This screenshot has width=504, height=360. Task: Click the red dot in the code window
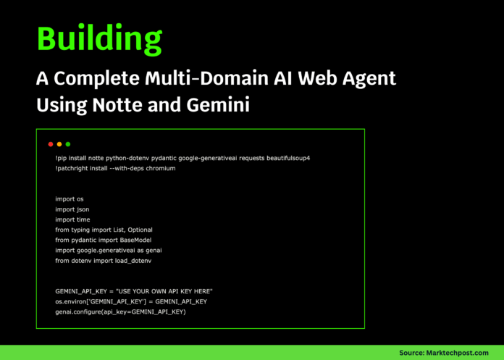click(x=51, y=144)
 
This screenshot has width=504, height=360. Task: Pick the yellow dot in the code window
click(x=59, y=144)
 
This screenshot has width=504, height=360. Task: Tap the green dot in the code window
click(x=68, y=144)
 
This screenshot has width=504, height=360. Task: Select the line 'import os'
click(x=70, y=198)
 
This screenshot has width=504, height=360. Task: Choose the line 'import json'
click(x=72, y=209)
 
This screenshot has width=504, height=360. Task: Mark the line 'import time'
click(x=72, y=219)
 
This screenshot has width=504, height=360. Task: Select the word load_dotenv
click(x=138, y=260)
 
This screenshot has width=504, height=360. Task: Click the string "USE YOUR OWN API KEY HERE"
click(x=164, y=291)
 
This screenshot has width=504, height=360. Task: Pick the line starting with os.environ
click(x=131, y=301)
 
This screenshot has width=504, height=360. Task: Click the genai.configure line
click(x=120, y=311)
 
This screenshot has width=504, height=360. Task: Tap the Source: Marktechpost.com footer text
click(x=444, y=353)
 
